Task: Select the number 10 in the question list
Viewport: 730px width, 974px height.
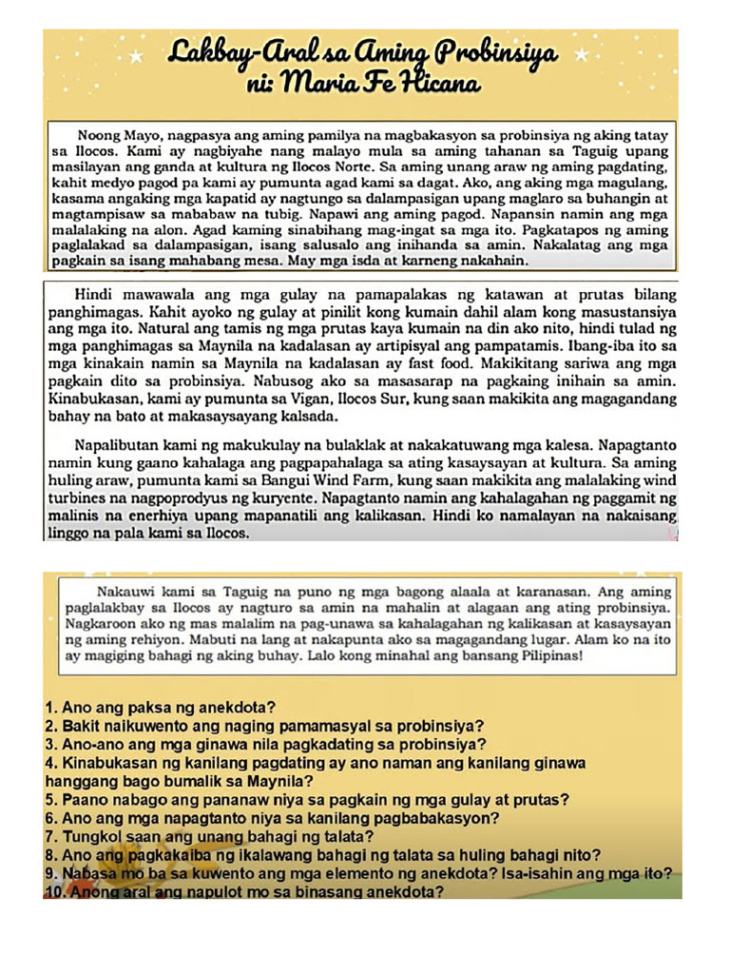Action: [54, 891]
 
